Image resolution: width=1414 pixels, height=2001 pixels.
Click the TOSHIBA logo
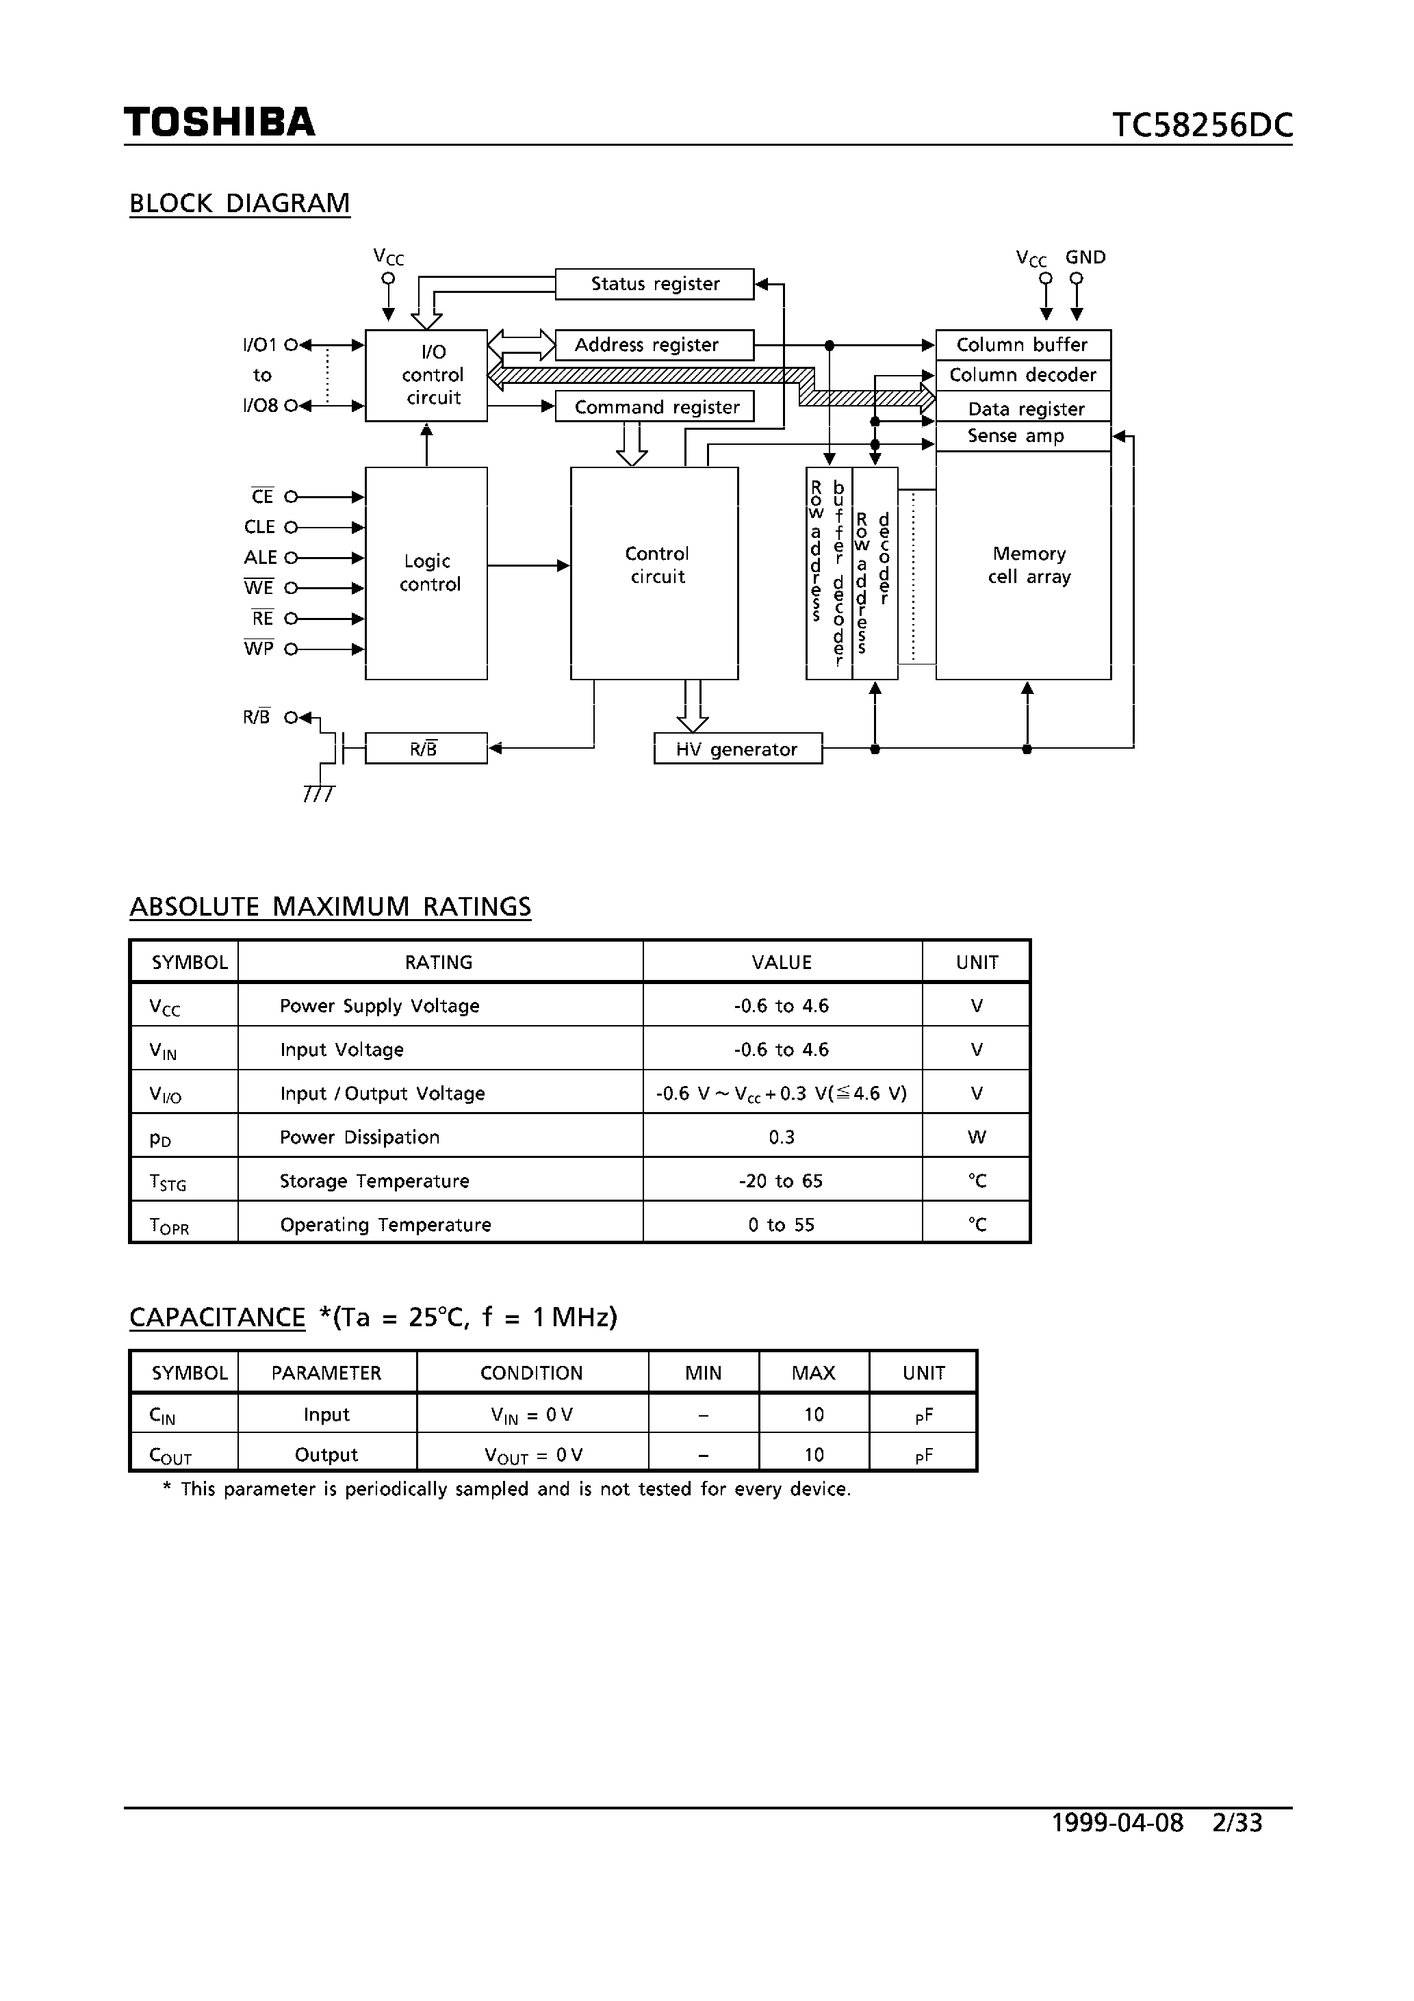(219, 122)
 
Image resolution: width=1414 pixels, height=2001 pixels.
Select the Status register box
(655, 284)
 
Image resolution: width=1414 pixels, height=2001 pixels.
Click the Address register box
(654, 345)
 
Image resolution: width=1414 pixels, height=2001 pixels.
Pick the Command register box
(655, 407)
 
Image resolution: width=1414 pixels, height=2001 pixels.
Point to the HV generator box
(738, 749)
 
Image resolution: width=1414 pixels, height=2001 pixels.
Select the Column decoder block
(1023, 376)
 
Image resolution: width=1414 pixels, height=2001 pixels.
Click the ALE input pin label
(260, 558)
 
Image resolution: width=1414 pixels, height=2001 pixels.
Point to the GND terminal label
(1085, 258)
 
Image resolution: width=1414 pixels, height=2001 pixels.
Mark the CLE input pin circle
(291, 527)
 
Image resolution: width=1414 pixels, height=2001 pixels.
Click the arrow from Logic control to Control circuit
(528, 566)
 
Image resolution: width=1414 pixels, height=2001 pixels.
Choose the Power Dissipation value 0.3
(782, 1137)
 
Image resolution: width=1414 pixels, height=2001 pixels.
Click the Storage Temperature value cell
(782, 1181)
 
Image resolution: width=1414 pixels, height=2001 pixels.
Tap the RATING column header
(439, 962)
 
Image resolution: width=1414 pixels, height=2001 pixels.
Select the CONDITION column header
(532, 1373)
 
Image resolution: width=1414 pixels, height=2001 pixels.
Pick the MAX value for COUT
(813, 1455)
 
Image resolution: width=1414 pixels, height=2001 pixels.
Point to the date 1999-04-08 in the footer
(1118, 1822)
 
